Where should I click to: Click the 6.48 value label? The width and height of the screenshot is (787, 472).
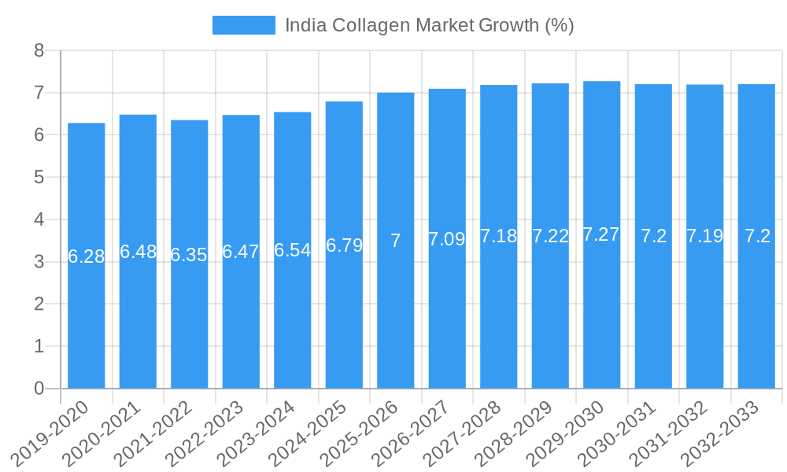point(138,252)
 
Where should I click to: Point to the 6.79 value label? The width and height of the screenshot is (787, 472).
point(344,245)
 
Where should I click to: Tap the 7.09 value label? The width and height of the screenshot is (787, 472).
point(447,239)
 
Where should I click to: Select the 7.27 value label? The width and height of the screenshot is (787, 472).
point(601,234)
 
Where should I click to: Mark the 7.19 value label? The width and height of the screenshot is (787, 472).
point(704,236)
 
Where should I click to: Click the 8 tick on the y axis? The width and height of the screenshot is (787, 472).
point(39,51)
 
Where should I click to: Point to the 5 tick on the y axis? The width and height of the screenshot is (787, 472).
point(39,178)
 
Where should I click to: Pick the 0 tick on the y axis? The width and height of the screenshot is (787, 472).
point(39,389)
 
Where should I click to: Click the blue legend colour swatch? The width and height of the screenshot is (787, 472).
point(244,25)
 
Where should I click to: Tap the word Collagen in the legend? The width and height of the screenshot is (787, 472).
point(371,25)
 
